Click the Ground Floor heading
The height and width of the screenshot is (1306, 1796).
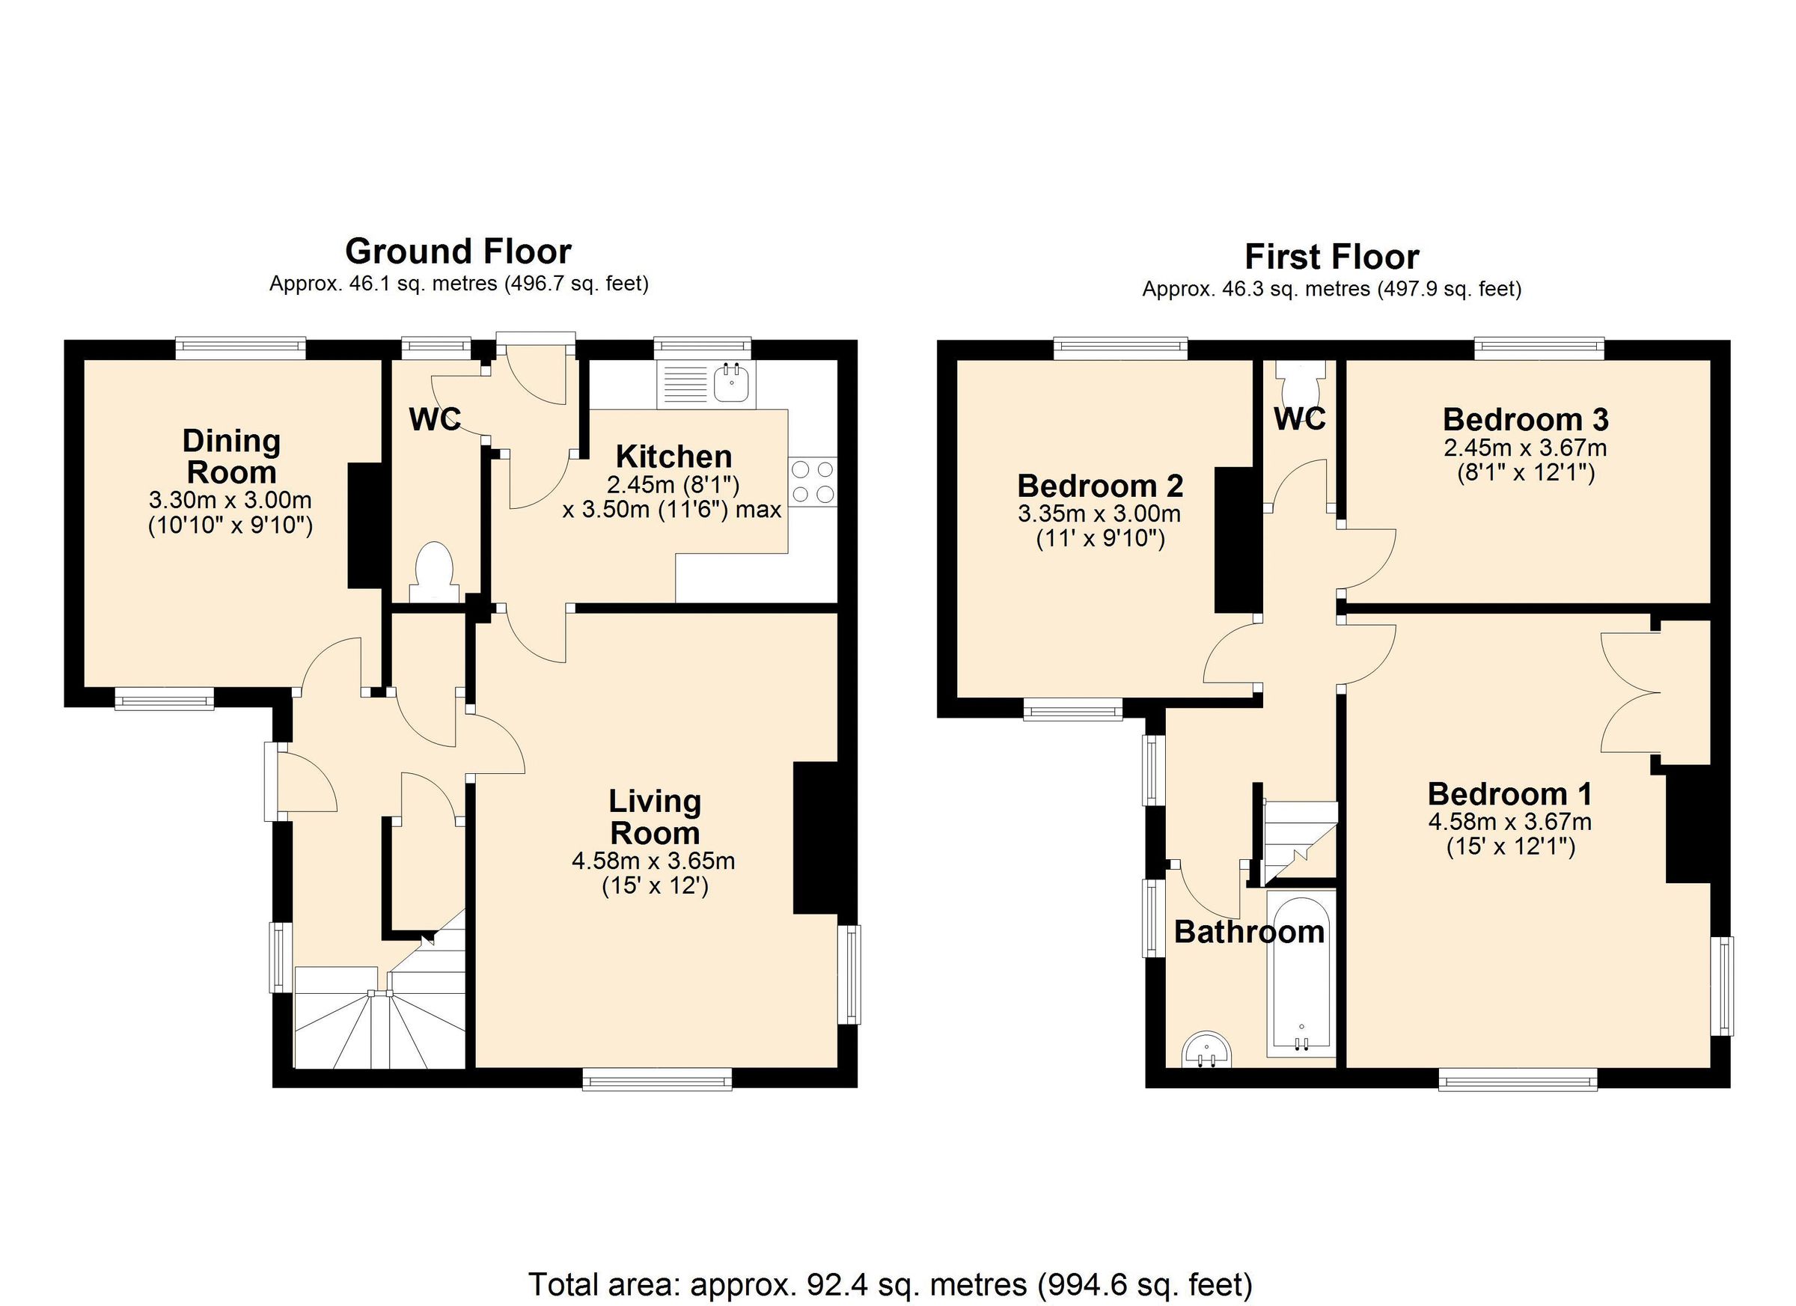(458, 252)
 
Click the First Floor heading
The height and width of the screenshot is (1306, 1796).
(1331, 257)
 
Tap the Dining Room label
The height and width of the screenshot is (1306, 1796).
(231, 457)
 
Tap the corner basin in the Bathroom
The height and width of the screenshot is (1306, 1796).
(1207, 1050)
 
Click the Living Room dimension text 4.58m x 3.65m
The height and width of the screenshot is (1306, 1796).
(653, 861)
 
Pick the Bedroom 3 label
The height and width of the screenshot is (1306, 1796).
(1525, 419)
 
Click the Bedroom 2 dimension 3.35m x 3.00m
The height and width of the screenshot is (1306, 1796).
(1099, 514)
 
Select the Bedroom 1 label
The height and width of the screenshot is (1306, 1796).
(1509, 793)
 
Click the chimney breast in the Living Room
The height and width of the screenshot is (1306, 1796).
(816, 839)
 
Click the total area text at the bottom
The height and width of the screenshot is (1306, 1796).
(890, 1284)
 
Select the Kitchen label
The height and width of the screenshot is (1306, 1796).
(674, 457)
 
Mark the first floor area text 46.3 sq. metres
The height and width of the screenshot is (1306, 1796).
(1331, 290)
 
